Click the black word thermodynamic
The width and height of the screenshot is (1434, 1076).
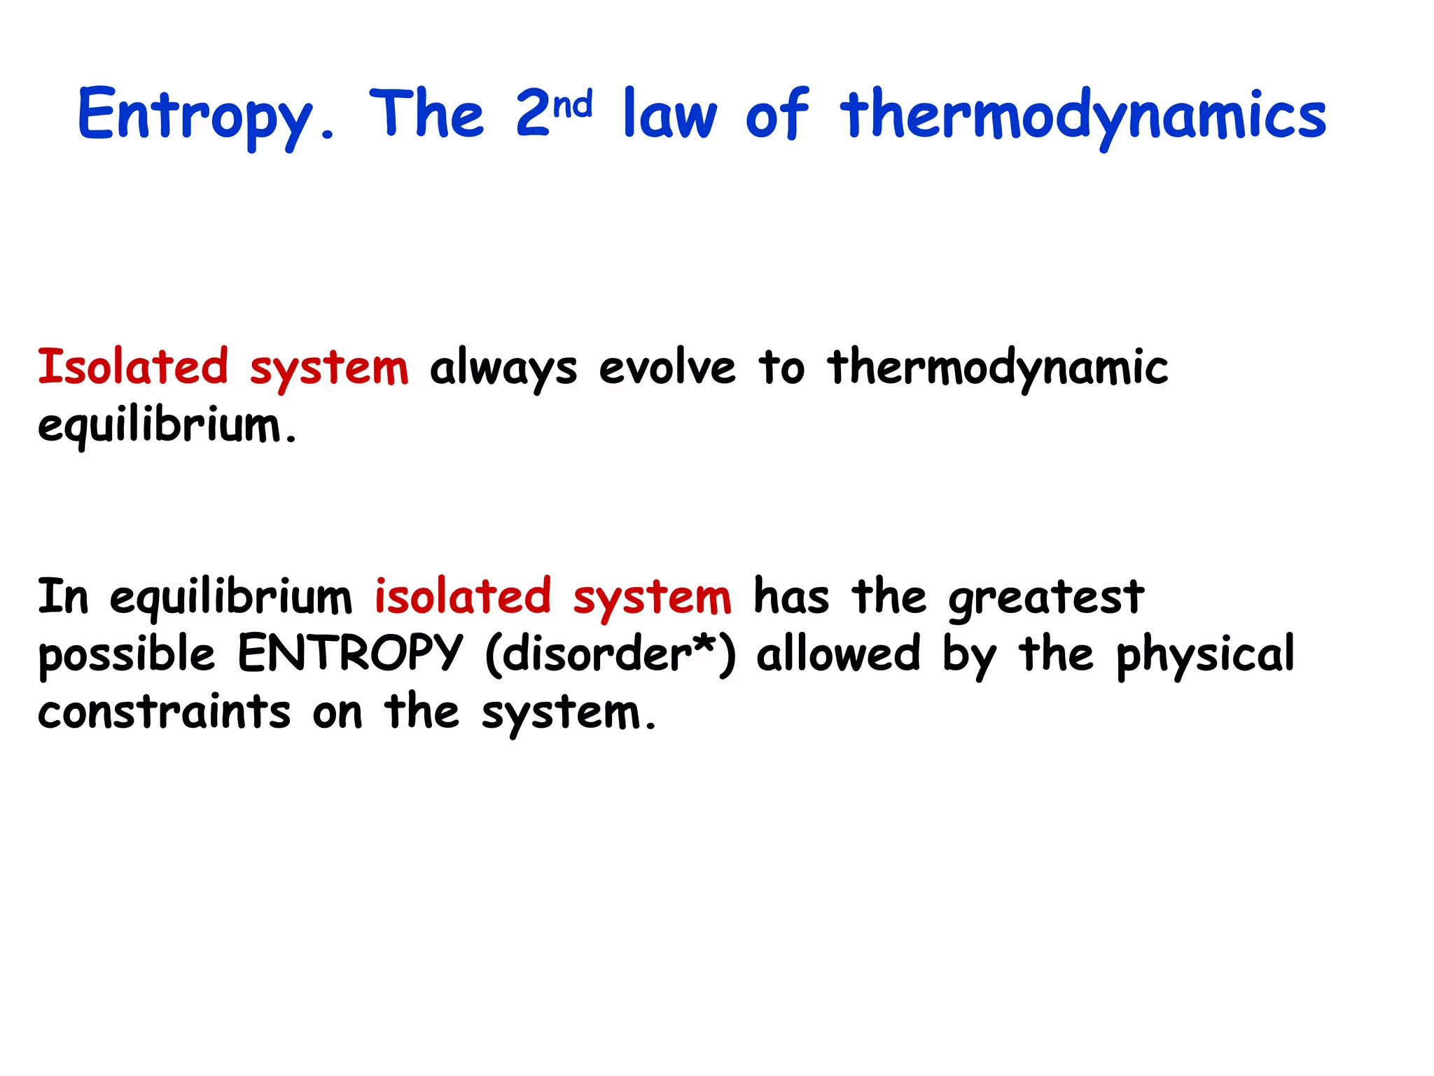pyautogui.click(x=998, y=368)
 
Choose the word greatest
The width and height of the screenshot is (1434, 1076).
pyautogui.click(x=1046, y=599)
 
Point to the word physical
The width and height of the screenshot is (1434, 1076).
pyautogui.click(x=1205, y=655)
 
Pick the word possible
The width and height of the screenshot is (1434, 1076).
pyautogui.click(x=127, y=655)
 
